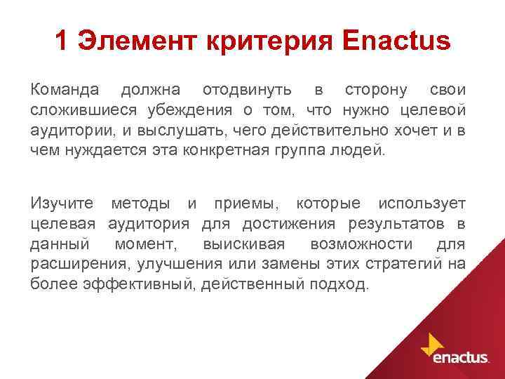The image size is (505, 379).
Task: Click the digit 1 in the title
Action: click(x=61, y=42)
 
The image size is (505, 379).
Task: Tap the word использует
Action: click(x=422, y=204)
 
